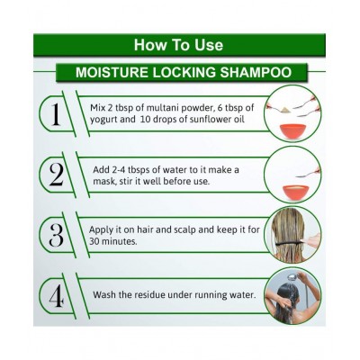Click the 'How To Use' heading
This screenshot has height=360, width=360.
tap(178, 45)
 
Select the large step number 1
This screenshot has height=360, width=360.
tap(56, 115)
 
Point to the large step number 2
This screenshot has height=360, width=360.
tap(56, 175)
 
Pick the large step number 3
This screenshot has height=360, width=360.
tap(57, 236)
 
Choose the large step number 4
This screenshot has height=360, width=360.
tap(57, 296)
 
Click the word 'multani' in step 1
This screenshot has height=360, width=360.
tap(158, 108)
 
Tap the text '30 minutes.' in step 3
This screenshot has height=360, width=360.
tap(113, 241)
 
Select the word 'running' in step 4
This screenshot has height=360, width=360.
tap(211, 295)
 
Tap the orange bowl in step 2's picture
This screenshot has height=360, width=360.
tap(295, 193)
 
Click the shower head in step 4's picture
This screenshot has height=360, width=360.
tap(292, 277)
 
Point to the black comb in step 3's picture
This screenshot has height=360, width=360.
tap(290, 244)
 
